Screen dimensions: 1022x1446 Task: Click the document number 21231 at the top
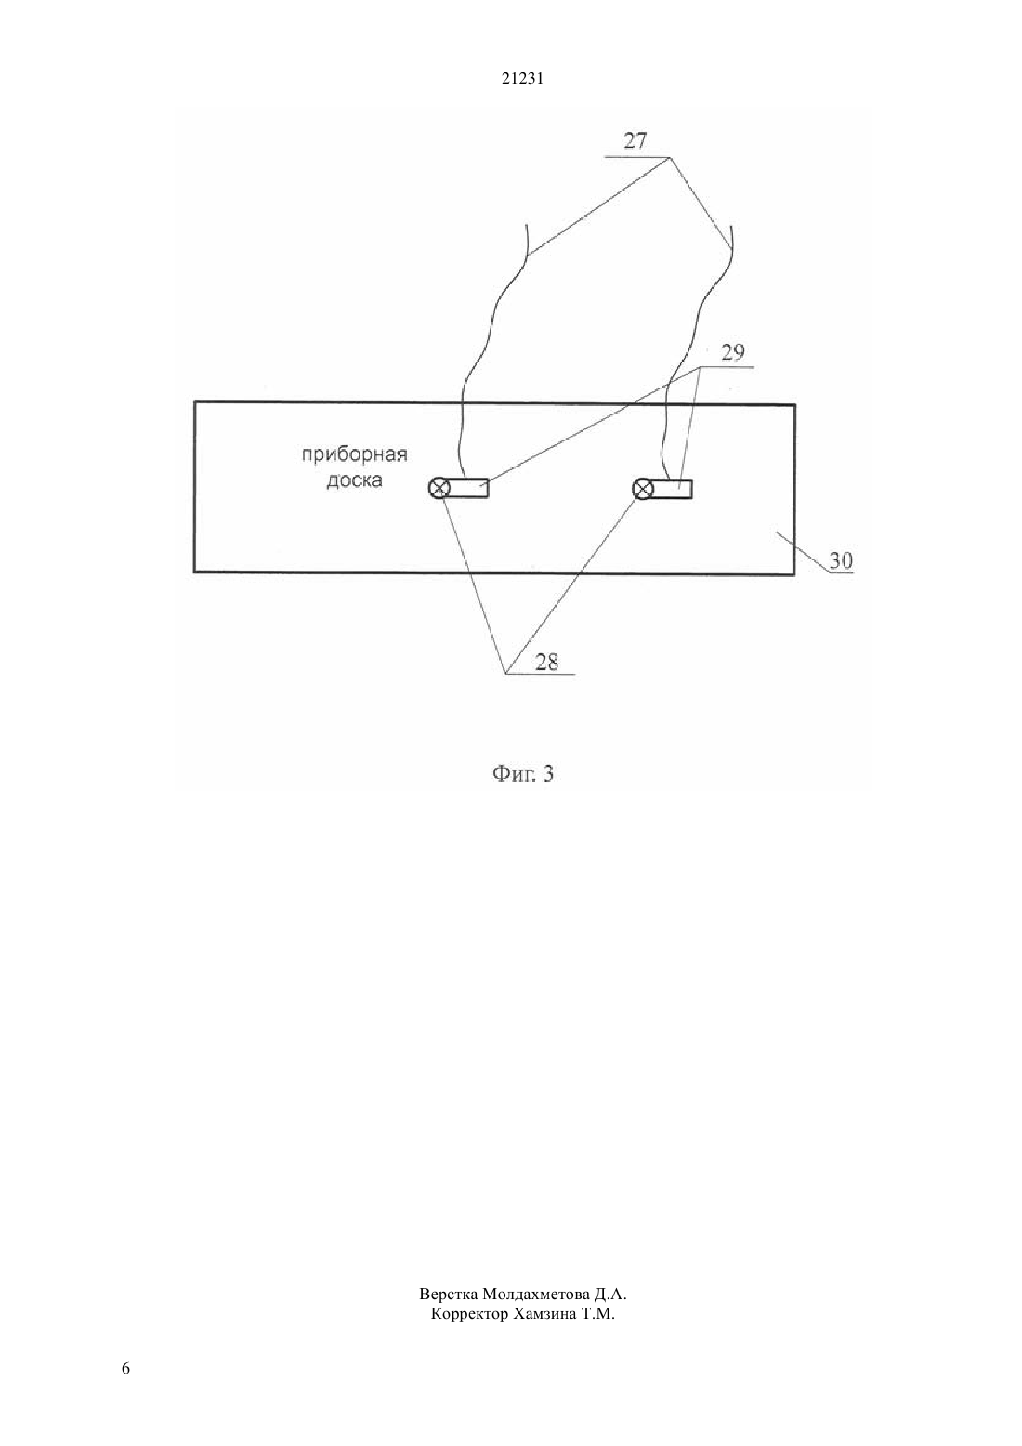point(522,79)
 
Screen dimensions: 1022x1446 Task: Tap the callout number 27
point(635,140)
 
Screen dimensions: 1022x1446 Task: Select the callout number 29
point(732,352)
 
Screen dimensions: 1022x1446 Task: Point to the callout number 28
point(546,662)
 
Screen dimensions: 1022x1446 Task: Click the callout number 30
point(841,560)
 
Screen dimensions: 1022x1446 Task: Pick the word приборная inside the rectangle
point(355,455)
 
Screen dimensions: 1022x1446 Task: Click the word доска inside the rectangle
point(354,481)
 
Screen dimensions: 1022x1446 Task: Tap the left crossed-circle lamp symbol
point(439,489)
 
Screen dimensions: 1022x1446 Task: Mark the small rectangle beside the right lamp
point(672,490)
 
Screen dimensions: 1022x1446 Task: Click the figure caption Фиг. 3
point(523,773)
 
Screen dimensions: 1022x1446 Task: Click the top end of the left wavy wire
point(529,225)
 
